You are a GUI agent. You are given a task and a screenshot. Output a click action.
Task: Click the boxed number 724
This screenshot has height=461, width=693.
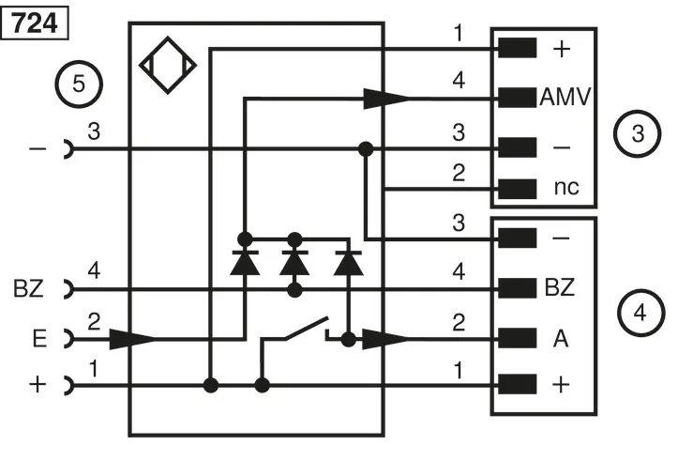pyautogui.click(x=35, y=23)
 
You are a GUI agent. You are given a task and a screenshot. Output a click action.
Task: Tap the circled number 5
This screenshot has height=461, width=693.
pyautogui.click(x=79, y=84)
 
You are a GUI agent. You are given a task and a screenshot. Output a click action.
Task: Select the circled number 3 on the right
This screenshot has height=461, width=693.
pyautogui.click(x=638, y=133)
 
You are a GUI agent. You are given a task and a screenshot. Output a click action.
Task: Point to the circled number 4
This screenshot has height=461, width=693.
pyautogui.click(x=640, y=313)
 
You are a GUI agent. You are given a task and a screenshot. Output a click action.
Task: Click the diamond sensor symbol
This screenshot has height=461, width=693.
pyautogui.click(x=168, y=66)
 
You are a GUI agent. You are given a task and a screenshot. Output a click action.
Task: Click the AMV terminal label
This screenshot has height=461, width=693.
pyautogui.click(x=565, y=97)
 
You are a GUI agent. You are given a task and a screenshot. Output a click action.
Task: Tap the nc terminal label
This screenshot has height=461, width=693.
pyautogui.click(x=566, y=188)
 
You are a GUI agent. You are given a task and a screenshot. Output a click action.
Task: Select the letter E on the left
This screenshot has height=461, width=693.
pyautogui.click(x=39, y=339)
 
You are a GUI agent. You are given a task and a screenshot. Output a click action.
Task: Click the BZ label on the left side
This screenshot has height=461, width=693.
pyautogui.click(x=29, y=288)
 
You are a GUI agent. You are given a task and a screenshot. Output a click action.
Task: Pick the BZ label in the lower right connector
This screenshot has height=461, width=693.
pyautogui.click(x=560, y=287)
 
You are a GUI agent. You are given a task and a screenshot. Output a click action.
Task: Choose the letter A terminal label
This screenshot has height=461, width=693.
pyautogui.click(x=561, y=339)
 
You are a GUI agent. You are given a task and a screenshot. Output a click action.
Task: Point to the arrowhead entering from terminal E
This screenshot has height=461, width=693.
pyautogui.click(x=132, y=339)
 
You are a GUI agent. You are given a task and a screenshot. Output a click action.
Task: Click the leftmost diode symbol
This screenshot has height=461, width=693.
pyautogui.click(x=245, y=263)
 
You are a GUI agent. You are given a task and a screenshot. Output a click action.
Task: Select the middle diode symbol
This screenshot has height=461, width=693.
pyautogui.click(x=294, y=263)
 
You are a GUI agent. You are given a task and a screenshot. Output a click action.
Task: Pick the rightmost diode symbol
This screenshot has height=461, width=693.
pyautogui.click(x=349, y=263)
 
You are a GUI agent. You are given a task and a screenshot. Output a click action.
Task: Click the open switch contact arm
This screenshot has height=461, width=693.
pyautogui.click(x=306, y=329)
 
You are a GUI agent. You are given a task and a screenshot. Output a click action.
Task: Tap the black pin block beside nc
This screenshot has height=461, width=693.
pyautogui.click(x=518, y=189)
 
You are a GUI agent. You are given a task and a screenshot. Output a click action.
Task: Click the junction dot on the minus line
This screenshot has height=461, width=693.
pyautogui.click(x=366, y=149)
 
